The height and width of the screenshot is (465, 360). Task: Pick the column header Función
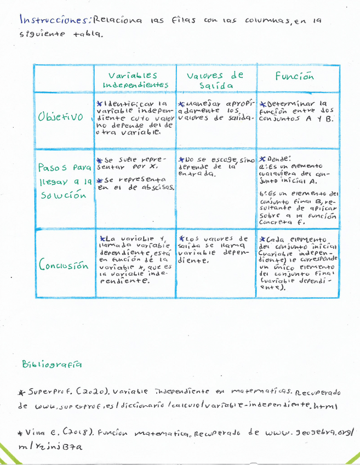295,76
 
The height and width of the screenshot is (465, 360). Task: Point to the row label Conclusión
64,266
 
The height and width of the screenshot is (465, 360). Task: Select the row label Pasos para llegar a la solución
63,180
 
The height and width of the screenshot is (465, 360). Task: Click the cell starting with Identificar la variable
135,117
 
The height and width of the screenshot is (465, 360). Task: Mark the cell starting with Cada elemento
299,263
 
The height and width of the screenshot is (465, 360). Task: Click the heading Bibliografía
52,364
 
